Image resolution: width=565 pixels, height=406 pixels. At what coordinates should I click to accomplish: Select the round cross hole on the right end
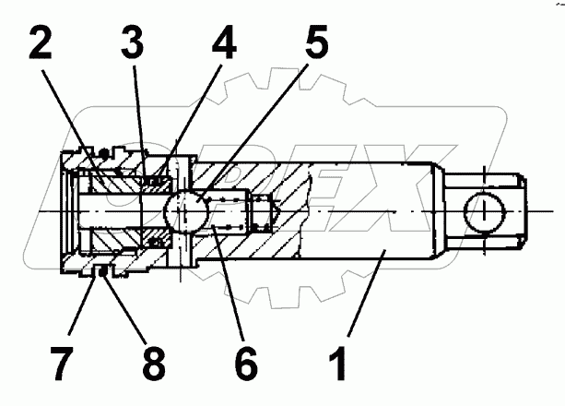[x=482, y=213]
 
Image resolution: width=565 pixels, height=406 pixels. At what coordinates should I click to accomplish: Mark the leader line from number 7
[x=86, y=304]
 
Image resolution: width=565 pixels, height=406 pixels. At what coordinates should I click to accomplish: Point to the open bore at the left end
[x=78, y=213]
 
